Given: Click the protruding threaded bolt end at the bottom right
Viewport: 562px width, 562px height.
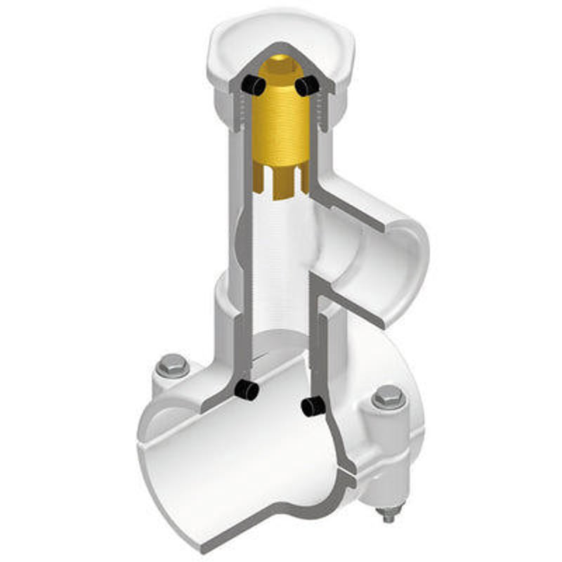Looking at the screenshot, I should (388, 518).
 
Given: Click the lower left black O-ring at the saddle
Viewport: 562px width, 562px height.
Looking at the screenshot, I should (246, 389).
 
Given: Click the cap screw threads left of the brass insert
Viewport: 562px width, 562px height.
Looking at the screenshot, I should (243, 112).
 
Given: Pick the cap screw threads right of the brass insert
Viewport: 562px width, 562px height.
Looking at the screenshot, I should (322, 112).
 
